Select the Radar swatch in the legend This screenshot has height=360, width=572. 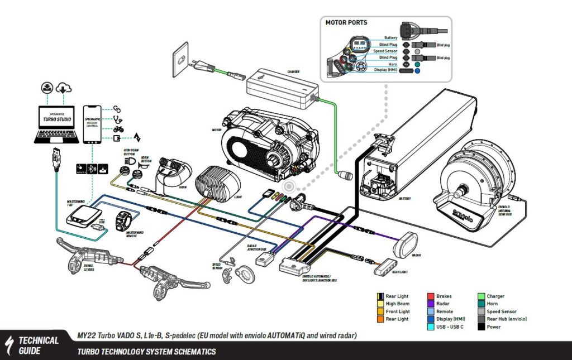point(431,304)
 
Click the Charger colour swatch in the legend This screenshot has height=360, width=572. point(482,296)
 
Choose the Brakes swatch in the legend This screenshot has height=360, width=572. point(431,296)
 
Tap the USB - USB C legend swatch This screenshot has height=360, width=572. point(431,327)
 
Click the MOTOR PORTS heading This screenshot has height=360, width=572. point(347,23)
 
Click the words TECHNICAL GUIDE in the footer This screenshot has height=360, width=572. point(38,344)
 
